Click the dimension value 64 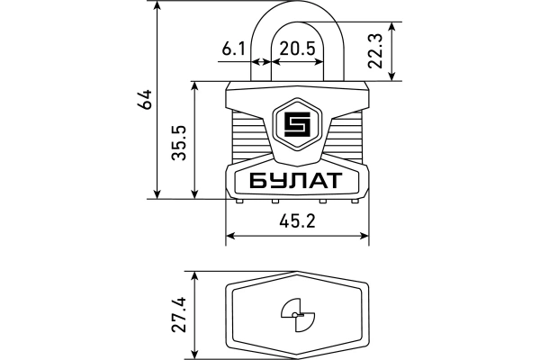(143, 99)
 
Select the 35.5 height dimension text (180, 141)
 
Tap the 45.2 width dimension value (296, 221)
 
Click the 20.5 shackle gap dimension (296, 49)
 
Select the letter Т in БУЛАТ (332, 181)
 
